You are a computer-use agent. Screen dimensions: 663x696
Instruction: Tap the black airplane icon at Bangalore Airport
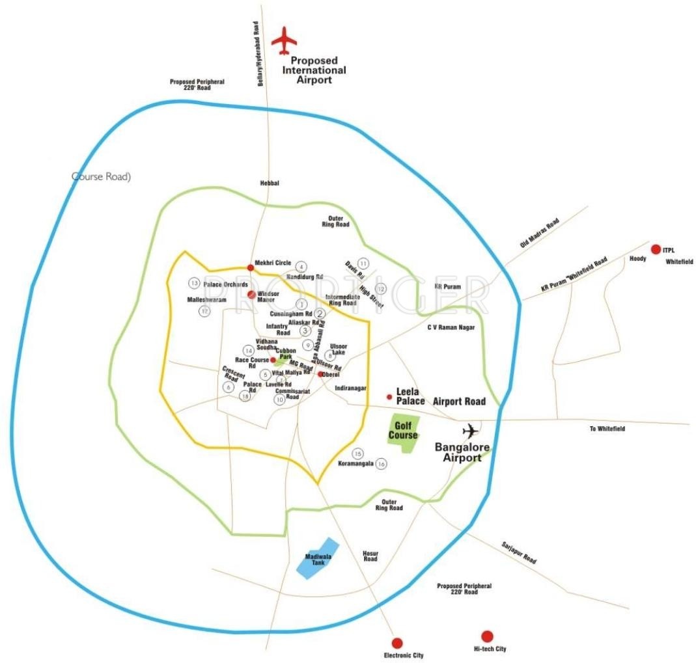(470, 430)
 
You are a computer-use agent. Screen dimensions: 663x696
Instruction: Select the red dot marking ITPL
(656, 249)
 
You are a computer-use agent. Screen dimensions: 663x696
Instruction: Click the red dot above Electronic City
(398, 642)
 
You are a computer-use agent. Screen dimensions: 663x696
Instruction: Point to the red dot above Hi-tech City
(486, 636)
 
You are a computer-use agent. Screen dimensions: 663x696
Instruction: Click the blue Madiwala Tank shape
(318, 558)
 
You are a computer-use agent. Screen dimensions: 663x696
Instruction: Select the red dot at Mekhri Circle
(251, 267)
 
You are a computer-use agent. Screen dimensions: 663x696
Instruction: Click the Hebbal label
(270, 183)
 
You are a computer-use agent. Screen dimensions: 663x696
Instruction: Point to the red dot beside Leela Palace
(389, 396)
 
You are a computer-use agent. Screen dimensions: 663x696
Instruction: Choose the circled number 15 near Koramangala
(357, 453)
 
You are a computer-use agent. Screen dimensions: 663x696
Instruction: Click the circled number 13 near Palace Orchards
(193, 283)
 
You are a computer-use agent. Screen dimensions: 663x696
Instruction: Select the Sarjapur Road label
(519, 552)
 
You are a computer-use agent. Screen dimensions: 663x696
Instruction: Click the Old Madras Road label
(540, 233)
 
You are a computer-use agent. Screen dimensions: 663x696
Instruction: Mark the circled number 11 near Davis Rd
(363, 263)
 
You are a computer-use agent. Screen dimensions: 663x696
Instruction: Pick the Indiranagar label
(351, 388)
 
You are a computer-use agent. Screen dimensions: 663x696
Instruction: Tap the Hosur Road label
(370, 556)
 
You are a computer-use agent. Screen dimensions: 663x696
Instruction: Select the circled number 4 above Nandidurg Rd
(300, 266)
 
